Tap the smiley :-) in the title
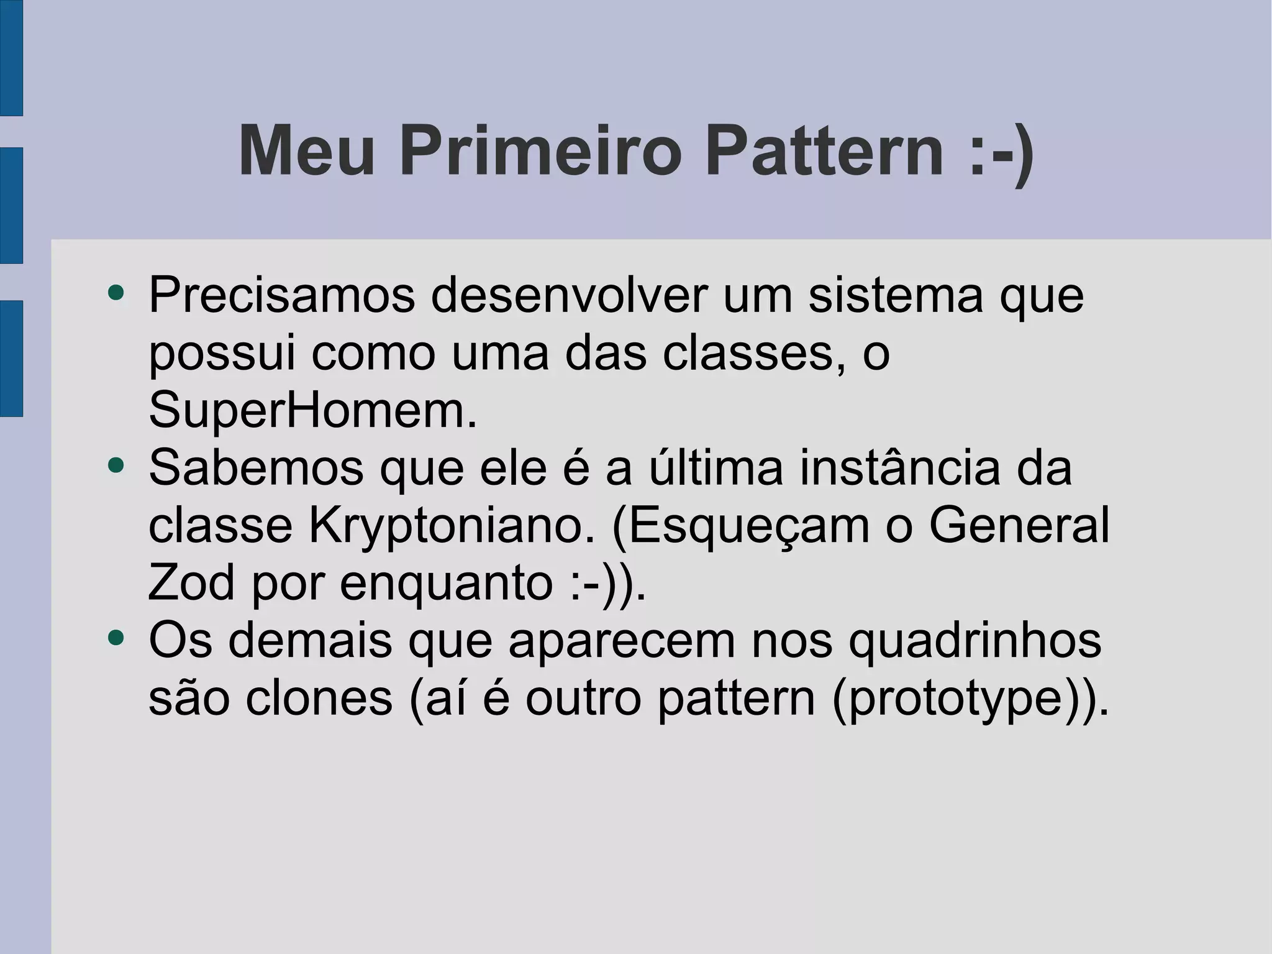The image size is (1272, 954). pyautogui.click(x=1001, y=151)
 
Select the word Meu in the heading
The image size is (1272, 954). pyautogui.click(x=307, y=151)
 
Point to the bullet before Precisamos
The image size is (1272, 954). pyautogui.click(x=116, y=292)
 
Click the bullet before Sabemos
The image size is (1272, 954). pyautogui.click(x=116, y=465)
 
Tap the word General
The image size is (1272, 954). pyautogui.click(x=1019, y=525)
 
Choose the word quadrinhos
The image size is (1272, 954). pyautogui.click(x=974, y=640)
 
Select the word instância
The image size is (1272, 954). pyautogui.click(x=900, y=467)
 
